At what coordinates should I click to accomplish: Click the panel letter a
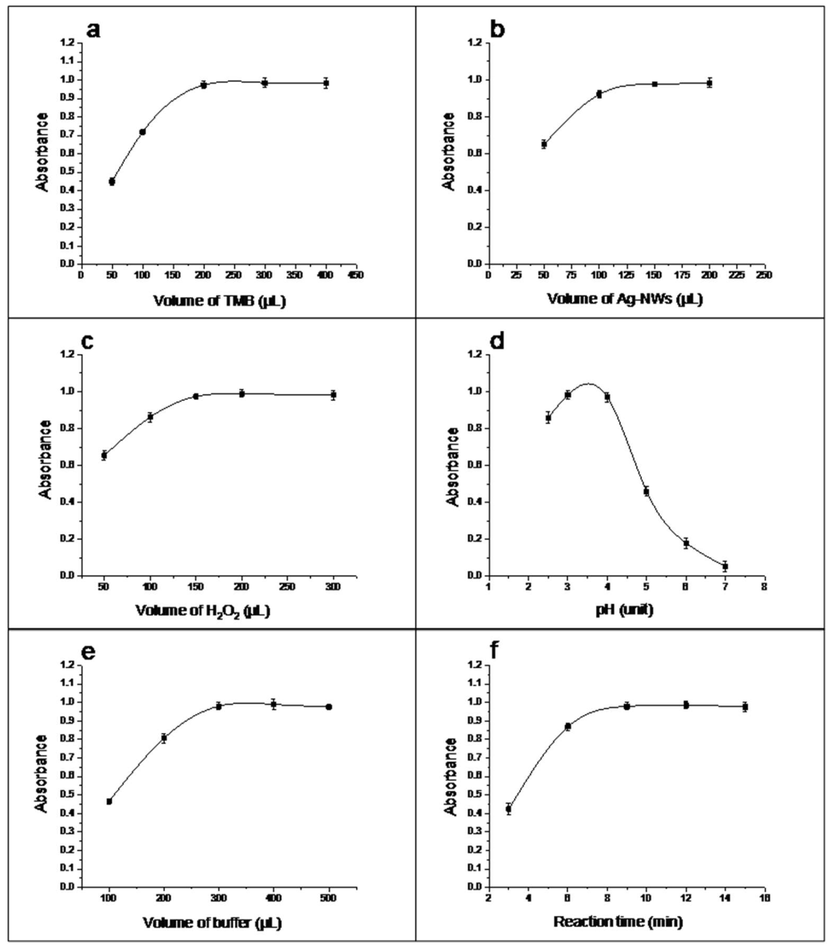[x=93, y=30]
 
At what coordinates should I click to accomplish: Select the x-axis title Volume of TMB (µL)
[x=220, y=301]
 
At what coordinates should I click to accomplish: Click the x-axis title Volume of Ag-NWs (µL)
[x=625, y=299]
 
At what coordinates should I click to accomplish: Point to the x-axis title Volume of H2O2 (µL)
[x=202, y=612]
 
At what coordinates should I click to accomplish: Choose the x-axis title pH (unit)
[x=624, y=610]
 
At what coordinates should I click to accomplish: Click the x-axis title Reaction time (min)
[x=618, y=922]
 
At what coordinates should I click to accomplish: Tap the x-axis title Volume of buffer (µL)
[x=212, y=923]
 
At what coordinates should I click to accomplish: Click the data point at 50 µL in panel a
[x=112, y=182]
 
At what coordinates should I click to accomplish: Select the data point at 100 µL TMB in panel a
[x=142, y=132]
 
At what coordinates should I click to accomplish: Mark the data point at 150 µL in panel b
[x=655, y=84]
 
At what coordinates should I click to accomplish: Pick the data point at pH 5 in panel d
[x=646, y=492]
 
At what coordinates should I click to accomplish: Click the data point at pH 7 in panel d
[x=725, y=566]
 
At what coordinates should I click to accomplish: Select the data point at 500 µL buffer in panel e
[x=329, y=707]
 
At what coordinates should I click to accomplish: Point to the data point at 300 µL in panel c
[x=333, y=395]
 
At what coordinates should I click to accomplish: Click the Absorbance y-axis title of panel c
[x=45, y=460]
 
